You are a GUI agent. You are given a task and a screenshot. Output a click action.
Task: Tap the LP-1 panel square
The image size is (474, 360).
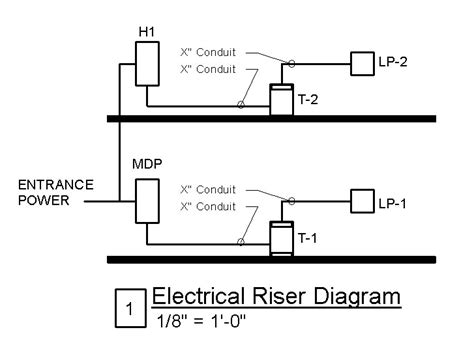point(359,201)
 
